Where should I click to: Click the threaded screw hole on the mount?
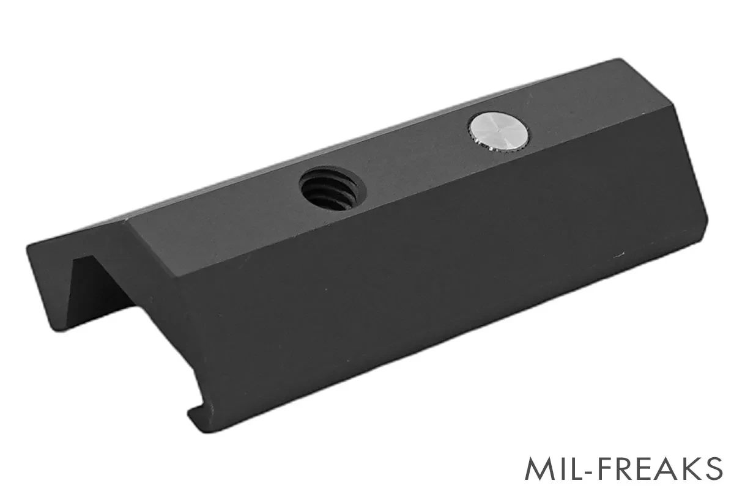333,188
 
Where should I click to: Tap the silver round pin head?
499,131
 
